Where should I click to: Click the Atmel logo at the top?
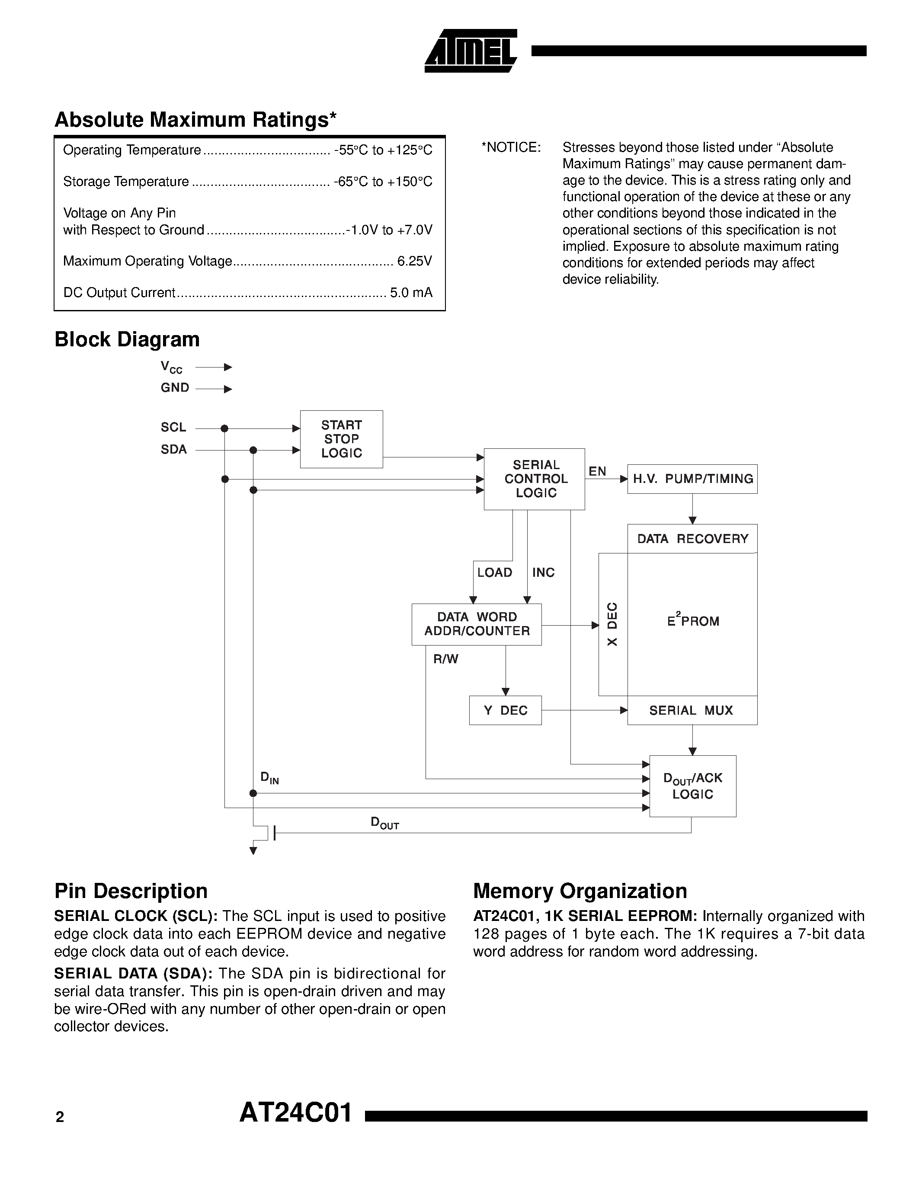tap(471, 51)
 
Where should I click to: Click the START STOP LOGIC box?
tap(341, 439)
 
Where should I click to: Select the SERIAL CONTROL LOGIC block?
tap(535, 479)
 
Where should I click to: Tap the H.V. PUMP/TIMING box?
tap(692, 479)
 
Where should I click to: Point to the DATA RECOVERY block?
tap(692, 539)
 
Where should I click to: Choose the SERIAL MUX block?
tap(692, 710)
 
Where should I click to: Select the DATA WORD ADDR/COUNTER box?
tap(477, 624)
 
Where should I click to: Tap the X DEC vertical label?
tap(612, 624)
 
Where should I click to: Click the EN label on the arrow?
tap(597, 471)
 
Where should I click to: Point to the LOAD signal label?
tap(494, 573)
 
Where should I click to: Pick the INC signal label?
tap(543, 573)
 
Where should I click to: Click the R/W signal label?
tap(445, 659)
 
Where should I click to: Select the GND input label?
tap(175, 388)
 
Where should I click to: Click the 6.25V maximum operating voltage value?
tap(414, 261)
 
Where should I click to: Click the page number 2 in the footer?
tap(60, 1117)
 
